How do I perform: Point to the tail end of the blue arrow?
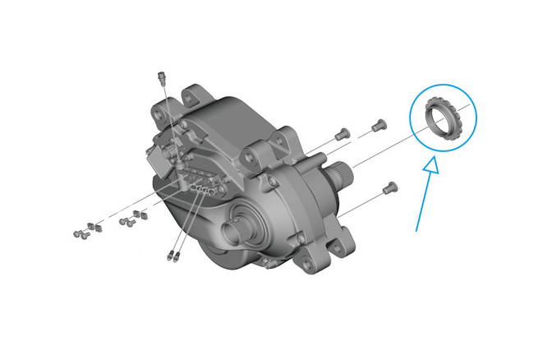[416, 230]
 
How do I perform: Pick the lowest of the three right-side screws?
[391, 187]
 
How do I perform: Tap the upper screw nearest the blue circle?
[378, 125]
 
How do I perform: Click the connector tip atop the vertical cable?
[161, 76]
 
